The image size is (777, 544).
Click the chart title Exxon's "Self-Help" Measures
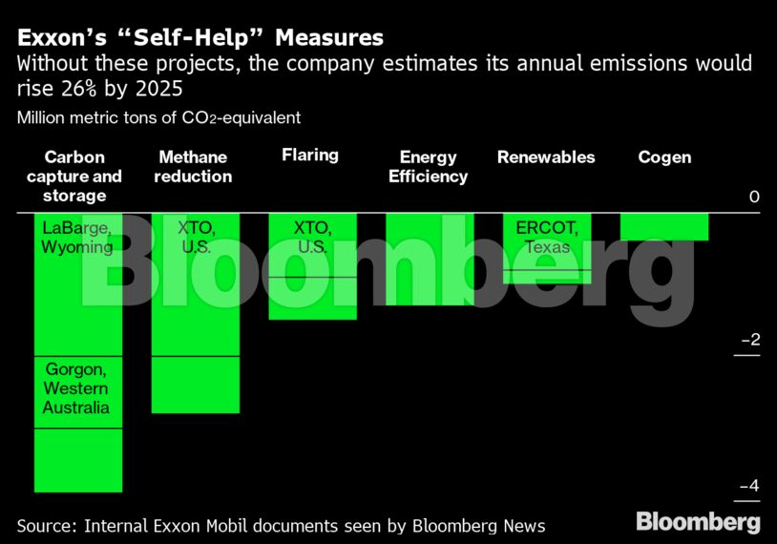tap(199, 37)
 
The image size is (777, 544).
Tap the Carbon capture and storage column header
tap(74, 177)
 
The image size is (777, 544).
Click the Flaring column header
tap(310, 155)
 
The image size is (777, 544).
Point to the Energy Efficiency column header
tap(428, 167)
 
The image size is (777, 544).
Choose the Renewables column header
tap(546, 157)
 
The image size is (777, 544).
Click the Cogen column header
tap(664, 157)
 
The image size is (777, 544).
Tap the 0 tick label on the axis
tap(754, 197)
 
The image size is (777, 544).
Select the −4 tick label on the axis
tap(748, 486)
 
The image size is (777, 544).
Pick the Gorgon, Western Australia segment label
tap(76, 388)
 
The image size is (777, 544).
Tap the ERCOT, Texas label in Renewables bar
tap(546, 238)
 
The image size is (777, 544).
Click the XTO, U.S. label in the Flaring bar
tap(311, 238)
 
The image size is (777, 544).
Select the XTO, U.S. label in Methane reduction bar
tap(195, 238)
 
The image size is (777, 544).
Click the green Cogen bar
tap(664, 226)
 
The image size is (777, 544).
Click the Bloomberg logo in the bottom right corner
tap(698, 522)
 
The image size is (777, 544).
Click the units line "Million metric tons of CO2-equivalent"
tap(158, 118)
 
